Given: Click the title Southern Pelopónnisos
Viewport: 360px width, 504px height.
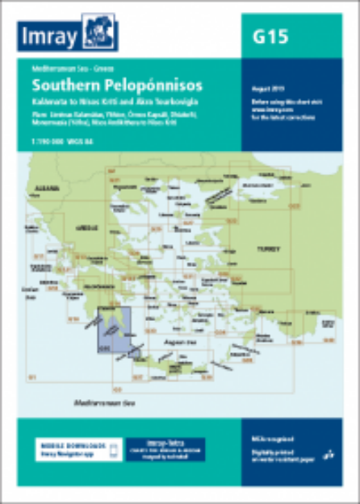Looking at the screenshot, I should (117, 85).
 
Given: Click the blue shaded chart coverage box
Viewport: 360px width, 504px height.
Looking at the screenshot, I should (112, 331).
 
